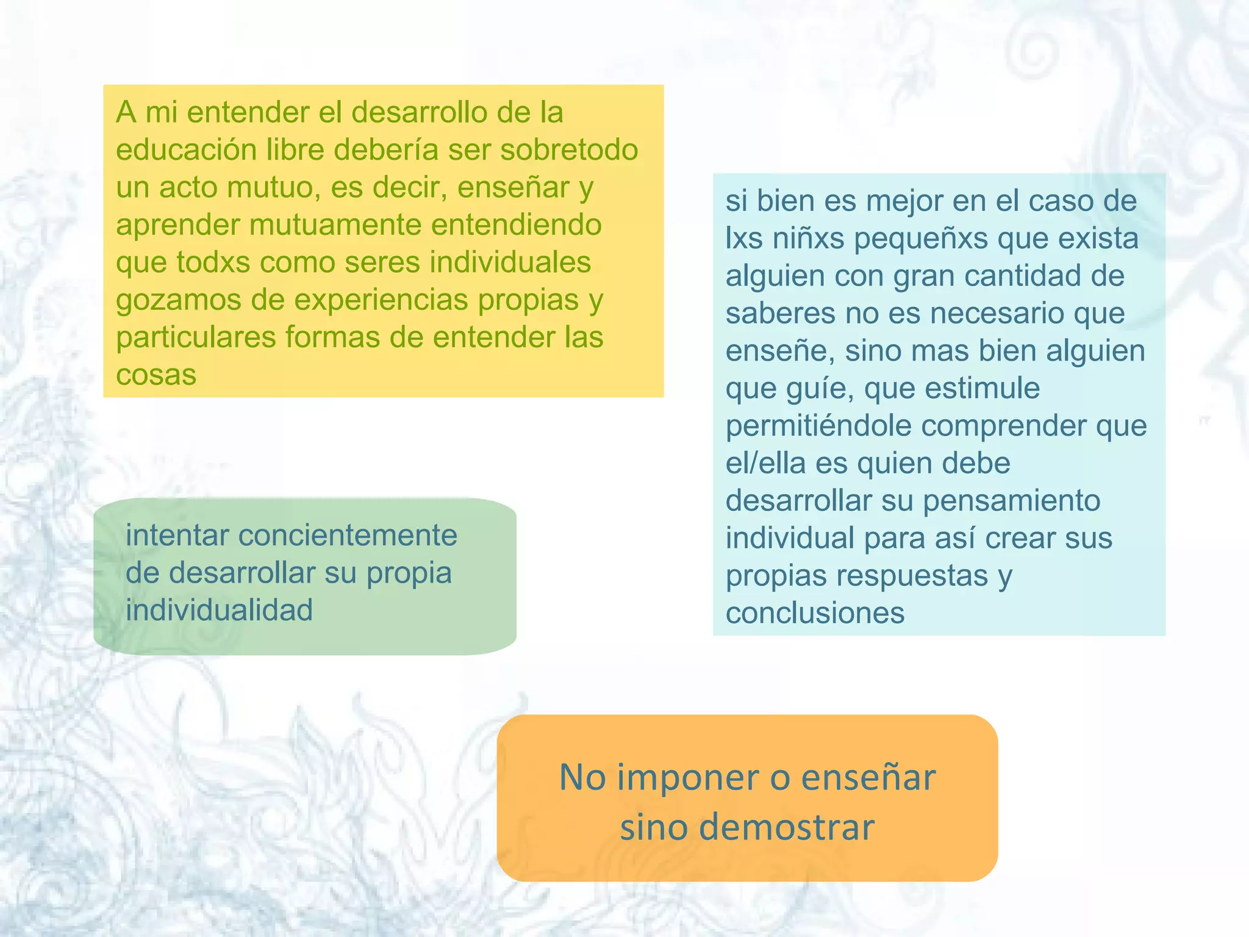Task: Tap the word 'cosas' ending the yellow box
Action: click(x=156, y=375)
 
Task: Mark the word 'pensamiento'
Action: click(x=1012, y=501)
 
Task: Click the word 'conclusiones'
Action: click(x=815, y=613)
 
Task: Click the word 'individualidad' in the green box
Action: click(x=219, y=611)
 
